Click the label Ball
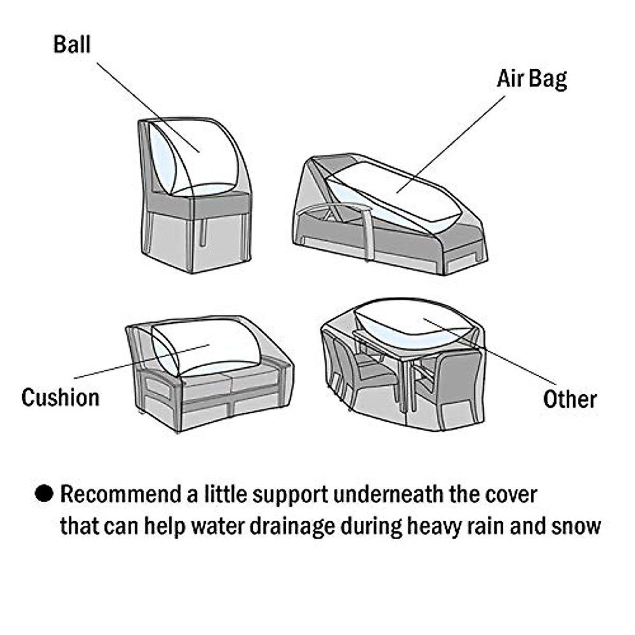(71, 44)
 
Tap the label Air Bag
(531, 79)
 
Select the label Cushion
(60, 397)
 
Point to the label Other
(570, 399)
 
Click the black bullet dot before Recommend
(44, 494)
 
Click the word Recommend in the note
(120, 494)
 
